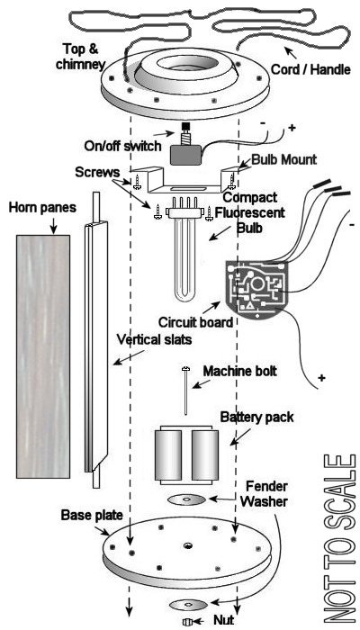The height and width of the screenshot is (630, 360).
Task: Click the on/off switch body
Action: (x=185, y=155)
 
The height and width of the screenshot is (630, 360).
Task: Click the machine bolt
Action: (x=186, y=391)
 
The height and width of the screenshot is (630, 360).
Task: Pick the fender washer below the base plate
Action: (x=188, y=604)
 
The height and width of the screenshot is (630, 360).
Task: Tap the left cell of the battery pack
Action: (x=169, y=455)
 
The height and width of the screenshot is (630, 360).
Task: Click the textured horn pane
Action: (x=43, y=356)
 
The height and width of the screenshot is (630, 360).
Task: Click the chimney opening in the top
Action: (x=187, y=64)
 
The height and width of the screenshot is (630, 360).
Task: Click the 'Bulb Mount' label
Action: (x=284, y=159)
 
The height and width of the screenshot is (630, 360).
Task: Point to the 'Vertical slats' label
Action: (x=154, y=340)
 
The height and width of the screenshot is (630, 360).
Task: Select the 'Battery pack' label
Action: (x=257, y=417)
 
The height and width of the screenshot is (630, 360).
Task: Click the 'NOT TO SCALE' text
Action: (x=340, y=540)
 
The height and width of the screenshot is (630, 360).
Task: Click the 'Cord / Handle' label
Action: (x=311, y=69)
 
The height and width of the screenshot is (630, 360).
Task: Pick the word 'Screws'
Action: (x=97, y=173)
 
